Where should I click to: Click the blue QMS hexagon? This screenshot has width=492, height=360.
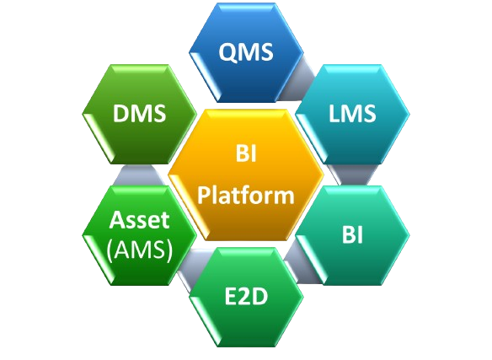pos(246,52)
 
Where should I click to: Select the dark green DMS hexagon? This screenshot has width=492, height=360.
pos(139,114)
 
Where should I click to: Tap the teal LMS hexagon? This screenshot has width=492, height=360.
pos(353,114)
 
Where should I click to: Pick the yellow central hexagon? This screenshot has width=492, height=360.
pos(246,175)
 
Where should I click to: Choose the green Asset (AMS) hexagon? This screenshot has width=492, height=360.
pos(139,235)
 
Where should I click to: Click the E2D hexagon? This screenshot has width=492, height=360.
pos(246,297)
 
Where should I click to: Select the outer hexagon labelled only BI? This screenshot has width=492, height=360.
pos(353,235)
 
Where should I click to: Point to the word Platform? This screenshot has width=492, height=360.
pos(246,196)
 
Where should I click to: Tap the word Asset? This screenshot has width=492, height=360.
pos(140,219)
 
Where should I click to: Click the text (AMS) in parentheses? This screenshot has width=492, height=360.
pos(140,250)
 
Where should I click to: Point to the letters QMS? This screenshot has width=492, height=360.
pos(246,51)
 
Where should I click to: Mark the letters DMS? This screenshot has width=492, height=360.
pos(139,113)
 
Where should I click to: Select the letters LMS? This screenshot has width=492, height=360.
pos(352,113)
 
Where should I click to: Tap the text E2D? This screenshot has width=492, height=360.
pos(246,297)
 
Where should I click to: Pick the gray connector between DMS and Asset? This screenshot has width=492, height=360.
pos(139,175)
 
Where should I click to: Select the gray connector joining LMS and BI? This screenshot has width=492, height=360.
pos(353,175)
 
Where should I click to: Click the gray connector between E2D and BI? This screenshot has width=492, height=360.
pos(301,264)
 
